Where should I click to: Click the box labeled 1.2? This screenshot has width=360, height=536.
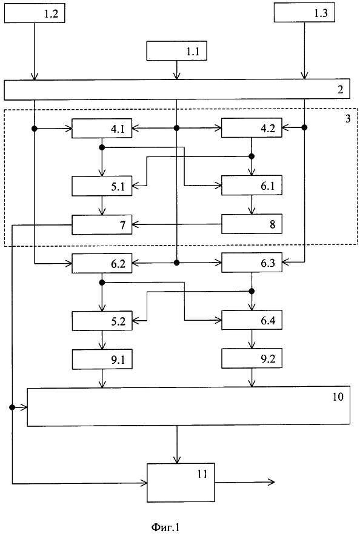35,13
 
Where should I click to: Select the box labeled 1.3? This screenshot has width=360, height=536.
304,13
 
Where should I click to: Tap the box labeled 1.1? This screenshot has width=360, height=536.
176,51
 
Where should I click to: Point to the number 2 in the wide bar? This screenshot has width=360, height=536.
340,90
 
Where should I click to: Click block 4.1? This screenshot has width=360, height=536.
102,129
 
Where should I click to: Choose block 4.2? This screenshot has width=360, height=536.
252,128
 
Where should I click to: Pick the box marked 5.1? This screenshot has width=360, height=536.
102,186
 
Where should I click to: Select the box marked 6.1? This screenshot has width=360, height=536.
252,186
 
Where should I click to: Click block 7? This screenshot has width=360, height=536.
102,224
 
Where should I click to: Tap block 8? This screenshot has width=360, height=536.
252,224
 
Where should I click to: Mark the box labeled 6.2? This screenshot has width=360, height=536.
102,263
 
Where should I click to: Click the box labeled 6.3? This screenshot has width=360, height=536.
252,263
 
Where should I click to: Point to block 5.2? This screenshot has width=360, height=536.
102,321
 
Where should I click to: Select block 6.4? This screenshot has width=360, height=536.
252,320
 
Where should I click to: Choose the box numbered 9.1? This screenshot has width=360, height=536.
102,360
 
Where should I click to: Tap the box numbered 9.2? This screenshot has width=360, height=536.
252,358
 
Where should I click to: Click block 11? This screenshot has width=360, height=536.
181,482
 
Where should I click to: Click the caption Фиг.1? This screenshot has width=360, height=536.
165,527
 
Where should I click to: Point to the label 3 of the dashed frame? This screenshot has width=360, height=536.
348,119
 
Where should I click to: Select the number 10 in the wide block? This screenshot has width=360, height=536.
338,397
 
